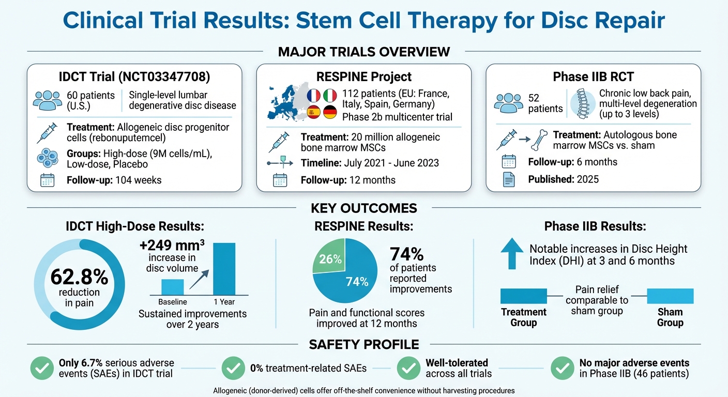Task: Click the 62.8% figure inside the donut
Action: pyautogui.click(x=79, y=278)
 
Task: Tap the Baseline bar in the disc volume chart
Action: pyautogui.click(x=172, y=287)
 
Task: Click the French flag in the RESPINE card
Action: pyautogui.click(x=314, y=95)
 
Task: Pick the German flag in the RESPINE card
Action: pyautogui.click(x=330, y=112)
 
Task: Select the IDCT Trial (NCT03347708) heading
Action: pyautogui.click(x=134, y=77)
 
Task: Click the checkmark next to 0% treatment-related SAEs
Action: pyautogui.click(x=233, y=368)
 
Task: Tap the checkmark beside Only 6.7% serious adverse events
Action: pyautogui.click(x=42, y=368)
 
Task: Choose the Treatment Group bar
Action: pyautogui.click(x=523, y=296)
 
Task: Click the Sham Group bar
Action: pyautogui.click(x=670, y=296)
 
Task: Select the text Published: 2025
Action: pyautogui.click(x=564, y=179)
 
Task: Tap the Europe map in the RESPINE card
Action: pyautogui.click(x=284, y=102)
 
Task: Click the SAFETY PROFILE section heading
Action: pyautogui.click(x=363, y=344)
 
